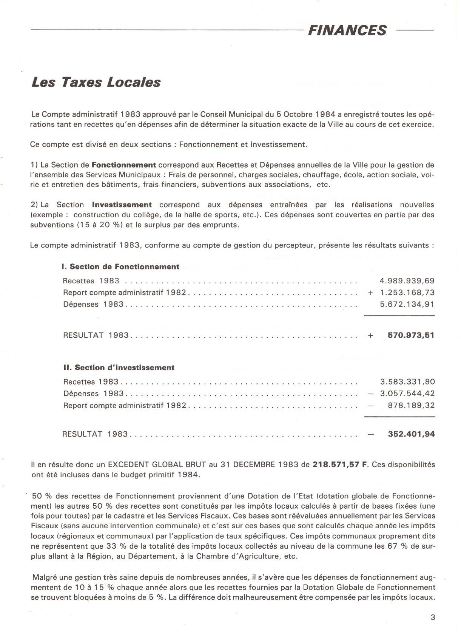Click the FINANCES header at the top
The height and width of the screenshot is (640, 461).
347,30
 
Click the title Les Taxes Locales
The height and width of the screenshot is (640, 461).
96,82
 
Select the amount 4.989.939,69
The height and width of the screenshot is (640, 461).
407,281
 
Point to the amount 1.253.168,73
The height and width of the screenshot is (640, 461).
407,292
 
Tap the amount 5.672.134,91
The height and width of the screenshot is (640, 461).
407,304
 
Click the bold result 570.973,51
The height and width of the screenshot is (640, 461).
411,335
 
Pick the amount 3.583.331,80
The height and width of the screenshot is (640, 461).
407,382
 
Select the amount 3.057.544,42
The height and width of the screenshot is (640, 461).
407,393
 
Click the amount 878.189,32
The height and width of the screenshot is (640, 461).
411,405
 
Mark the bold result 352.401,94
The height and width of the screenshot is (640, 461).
411,434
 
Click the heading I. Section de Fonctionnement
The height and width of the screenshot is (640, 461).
120,267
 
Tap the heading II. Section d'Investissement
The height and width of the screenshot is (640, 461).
119,368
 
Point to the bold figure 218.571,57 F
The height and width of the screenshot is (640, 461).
340,465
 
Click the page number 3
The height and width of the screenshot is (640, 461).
433,618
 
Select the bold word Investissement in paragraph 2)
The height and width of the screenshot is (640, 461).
122,205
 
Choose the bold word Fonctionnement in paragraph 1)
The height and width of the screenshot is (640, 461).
124,165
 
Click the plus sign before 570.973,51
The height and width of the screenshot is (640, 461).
371,335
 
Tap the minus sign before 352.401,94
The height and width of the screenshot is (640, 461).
371,434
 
